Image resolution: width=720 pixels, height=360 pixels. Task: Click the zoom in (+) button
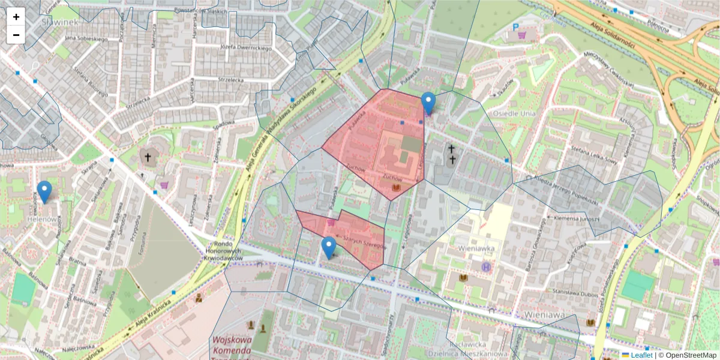[16, 17]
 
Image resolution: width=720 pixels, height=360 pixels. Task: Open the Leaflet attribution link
[641, 355]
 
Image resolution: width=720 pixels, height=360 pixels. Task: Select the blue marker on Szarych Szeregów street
[329, 247]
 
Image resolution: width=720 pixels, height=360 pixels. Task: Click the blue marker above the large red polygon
[428, 103]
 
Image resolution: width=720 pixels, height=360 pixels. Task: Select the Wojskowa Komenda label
[231, 345]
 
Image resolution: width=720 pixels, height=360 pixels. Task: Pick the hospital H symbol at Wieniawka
[485, 266]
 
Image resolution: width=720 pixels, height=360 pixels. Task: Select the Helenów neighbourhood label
[41, 220]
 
